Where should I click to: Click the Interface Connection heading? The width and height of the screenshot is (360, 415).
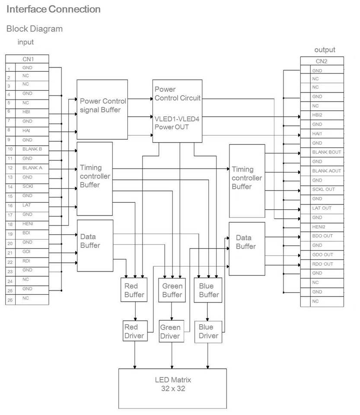point(54,9)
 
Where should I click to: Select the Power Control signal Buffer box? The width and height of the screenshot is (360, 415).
point(102,109)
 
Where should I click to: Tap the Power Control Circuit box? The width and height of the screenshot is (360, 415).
point(177,111)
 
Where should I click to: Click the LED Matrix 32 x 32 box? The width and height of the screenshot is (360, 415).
point(172,388)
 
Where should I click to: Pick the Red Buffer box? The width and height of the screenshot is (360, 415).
point(134,290)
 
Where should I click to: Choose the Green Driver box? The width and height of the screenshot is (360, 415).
point(170,332)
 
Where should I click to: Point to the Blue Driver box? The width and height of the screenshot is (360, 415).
point(208,332)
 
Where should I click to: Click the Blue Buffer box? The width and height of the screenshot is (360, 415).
point(209,290)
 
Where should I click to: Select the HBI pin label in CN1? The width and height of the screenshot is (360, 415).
point(26,112)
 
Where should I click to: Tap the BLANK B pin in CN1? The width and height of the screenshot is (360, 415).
point(32,149)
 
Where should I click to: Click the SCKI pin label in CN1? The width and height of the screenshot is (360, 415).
point(27,186)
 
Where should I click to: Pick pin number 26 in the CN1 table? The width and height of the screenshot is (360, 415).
point(10,300)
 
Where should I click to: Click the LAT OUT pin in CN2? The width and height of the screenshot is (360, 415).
point(322,208)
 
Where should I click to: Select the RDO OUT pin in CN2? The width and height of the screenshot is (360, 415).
point(322,264)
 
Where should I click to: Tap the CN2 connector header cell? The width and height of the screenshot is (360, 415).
point(322,61)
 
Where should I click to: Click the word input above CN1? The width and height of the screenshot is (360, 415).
point(25,42)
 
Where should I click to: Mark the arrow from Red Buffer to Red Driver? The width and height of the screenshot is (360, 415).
point(136,311)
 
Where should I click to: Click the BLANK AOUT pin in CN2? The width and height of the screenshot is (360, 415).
point(326,171)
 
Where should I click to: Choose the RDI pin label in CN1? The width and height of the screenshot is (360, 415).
point(26,261)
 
